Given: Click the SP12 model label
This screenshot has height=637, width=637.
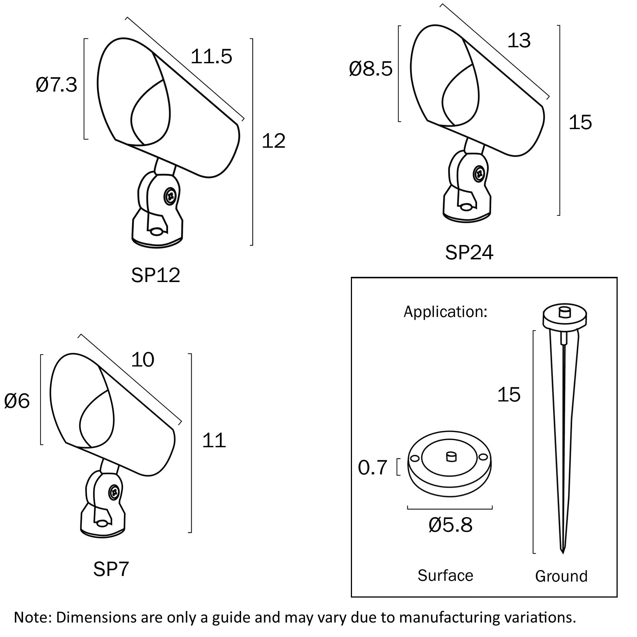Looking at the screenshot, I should tap(156, 275).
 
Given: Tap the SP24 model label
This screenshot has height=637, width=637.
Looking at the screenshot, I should tap(469, 253).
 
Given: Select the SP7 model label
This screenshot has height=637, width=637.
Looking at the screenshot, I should tap(111, 569).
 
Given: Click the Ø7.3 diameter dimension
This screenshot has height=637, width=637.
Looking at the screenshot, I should tap(57, 85).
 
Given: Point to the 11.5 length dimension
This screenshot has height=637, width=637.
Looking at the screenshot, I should tap(211, 57).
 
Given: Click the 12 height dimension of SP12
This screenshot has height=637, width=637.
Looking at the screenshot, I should tap(273, 141).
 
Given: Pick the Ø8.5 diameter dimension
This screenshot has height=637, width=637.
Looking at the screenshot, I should tap(371, 69).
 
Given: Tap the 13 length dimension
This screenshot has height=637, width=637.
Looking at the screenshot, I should tap(519, 41).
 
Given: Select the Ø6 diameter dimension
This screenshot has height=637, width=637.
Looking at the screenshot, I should tap(17, 401).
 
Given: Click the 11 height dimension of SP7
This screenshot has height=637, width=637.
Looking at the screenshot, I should tap(214, 441).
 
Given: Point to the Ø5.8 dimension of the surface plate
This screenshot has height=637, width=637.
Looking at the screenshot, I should tap(450, 525).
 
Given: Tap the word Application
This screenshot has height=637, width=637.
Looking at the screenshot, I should tap(445, 311).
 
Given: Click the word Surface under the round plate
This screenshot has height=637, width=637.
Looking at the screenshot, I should tap(445, 576).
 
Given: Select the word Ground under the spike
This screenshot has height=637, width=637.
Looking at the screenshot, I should tap(561, 576).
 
